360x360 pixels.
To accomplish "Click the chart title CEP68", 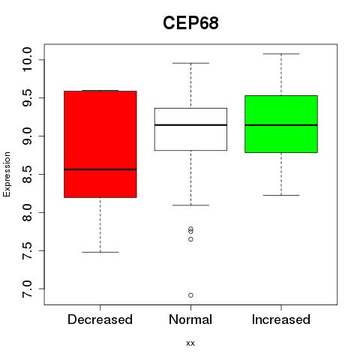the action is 190,23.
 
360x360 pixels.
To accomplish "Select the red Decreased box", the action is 100,144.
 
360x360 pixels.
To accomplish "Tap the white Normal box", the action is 190,129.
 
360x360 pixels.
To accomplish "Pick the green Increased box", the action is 281,124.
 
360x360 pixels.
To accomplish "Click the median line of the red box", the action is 100,169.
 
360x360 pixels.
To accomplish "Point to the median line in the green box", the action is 281,125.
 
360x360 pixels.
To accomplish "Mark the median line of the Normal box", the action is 190,124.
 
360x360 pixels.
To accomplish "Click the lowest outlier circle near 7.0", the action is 190,295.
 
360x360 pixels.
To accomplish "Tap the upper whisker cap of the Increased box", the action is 281,54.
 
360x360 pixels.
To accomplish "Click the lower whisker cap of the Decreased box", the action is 100,252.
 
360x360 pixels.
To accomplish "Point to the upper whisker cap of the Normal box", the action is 190,63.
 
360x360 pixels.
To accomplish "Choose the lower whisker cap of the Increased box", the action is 281,195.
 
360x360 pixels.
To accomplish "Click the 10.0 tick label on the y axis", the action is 27,60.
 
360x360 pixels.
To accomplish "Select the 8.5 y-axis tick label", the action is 27,174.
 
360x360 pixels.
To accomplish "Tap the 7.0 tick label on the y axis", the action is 27,289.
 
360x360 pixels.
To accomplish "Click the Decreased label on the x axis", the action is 100,319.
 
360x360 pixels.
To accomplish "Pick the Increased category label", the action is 281,319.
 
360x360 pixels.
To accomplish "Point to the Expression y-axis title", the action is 7,174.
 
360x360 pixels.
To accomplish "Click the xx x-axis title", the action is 190,343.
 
